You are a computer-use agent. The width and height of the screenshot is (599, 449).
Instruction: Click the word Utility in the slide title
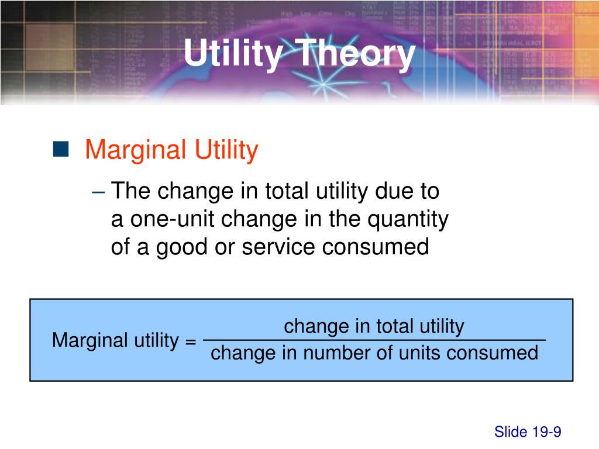click(232, 54)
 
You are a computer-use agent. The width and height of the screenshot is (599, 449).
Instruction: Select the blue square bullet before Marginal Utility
click(60, 150)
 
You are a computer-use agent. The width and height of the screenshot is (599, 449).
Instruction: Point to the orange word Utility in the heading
click(226, 151)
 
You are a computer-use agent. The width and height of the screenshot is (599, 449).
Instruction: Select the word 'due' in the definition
click(394, 191)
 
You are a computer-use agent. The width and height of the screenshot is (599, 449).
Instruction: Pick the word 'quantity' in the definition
click(408, 219)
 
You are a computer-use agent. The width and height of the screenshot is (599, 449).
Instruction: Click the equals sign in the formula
click(190, 340)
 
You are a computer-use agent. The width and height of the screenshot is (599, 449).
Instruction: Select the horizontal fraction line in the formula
click(374, 339)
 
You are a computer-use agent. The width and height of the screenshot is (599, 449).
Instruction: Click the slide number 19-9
click(546, 432)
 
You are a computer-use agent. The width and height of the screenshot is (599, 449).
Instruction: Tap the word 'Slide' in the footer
click(511, 432)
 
